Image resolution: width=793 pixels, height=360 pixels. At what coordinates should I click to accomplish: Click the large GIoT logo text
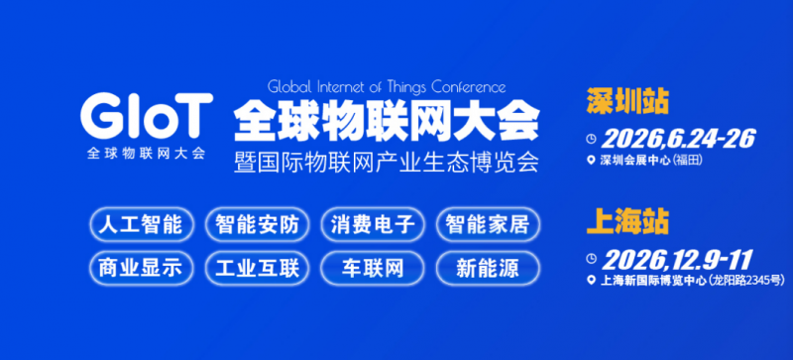[147, 117]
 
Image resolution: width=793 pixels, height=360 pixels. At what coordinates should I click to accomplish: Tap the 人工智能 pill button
[141, 224]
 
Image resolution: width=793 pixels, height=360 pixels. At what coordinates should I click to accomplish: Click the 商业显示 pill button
[141, 267]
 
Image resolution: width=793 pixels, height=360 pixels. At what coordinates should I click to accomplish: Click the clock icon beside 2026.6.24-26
[592, 138]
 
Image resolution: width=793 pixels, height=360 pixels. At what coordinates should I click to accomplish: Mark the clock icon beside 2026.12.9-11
[592, 261]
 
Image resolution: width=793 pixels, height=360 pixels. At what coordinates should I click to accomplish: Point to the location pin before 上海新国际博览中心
[592, 283]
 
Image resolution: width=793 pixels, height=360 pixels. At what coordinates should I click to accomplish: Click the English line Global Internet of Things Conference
[388, 86]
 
